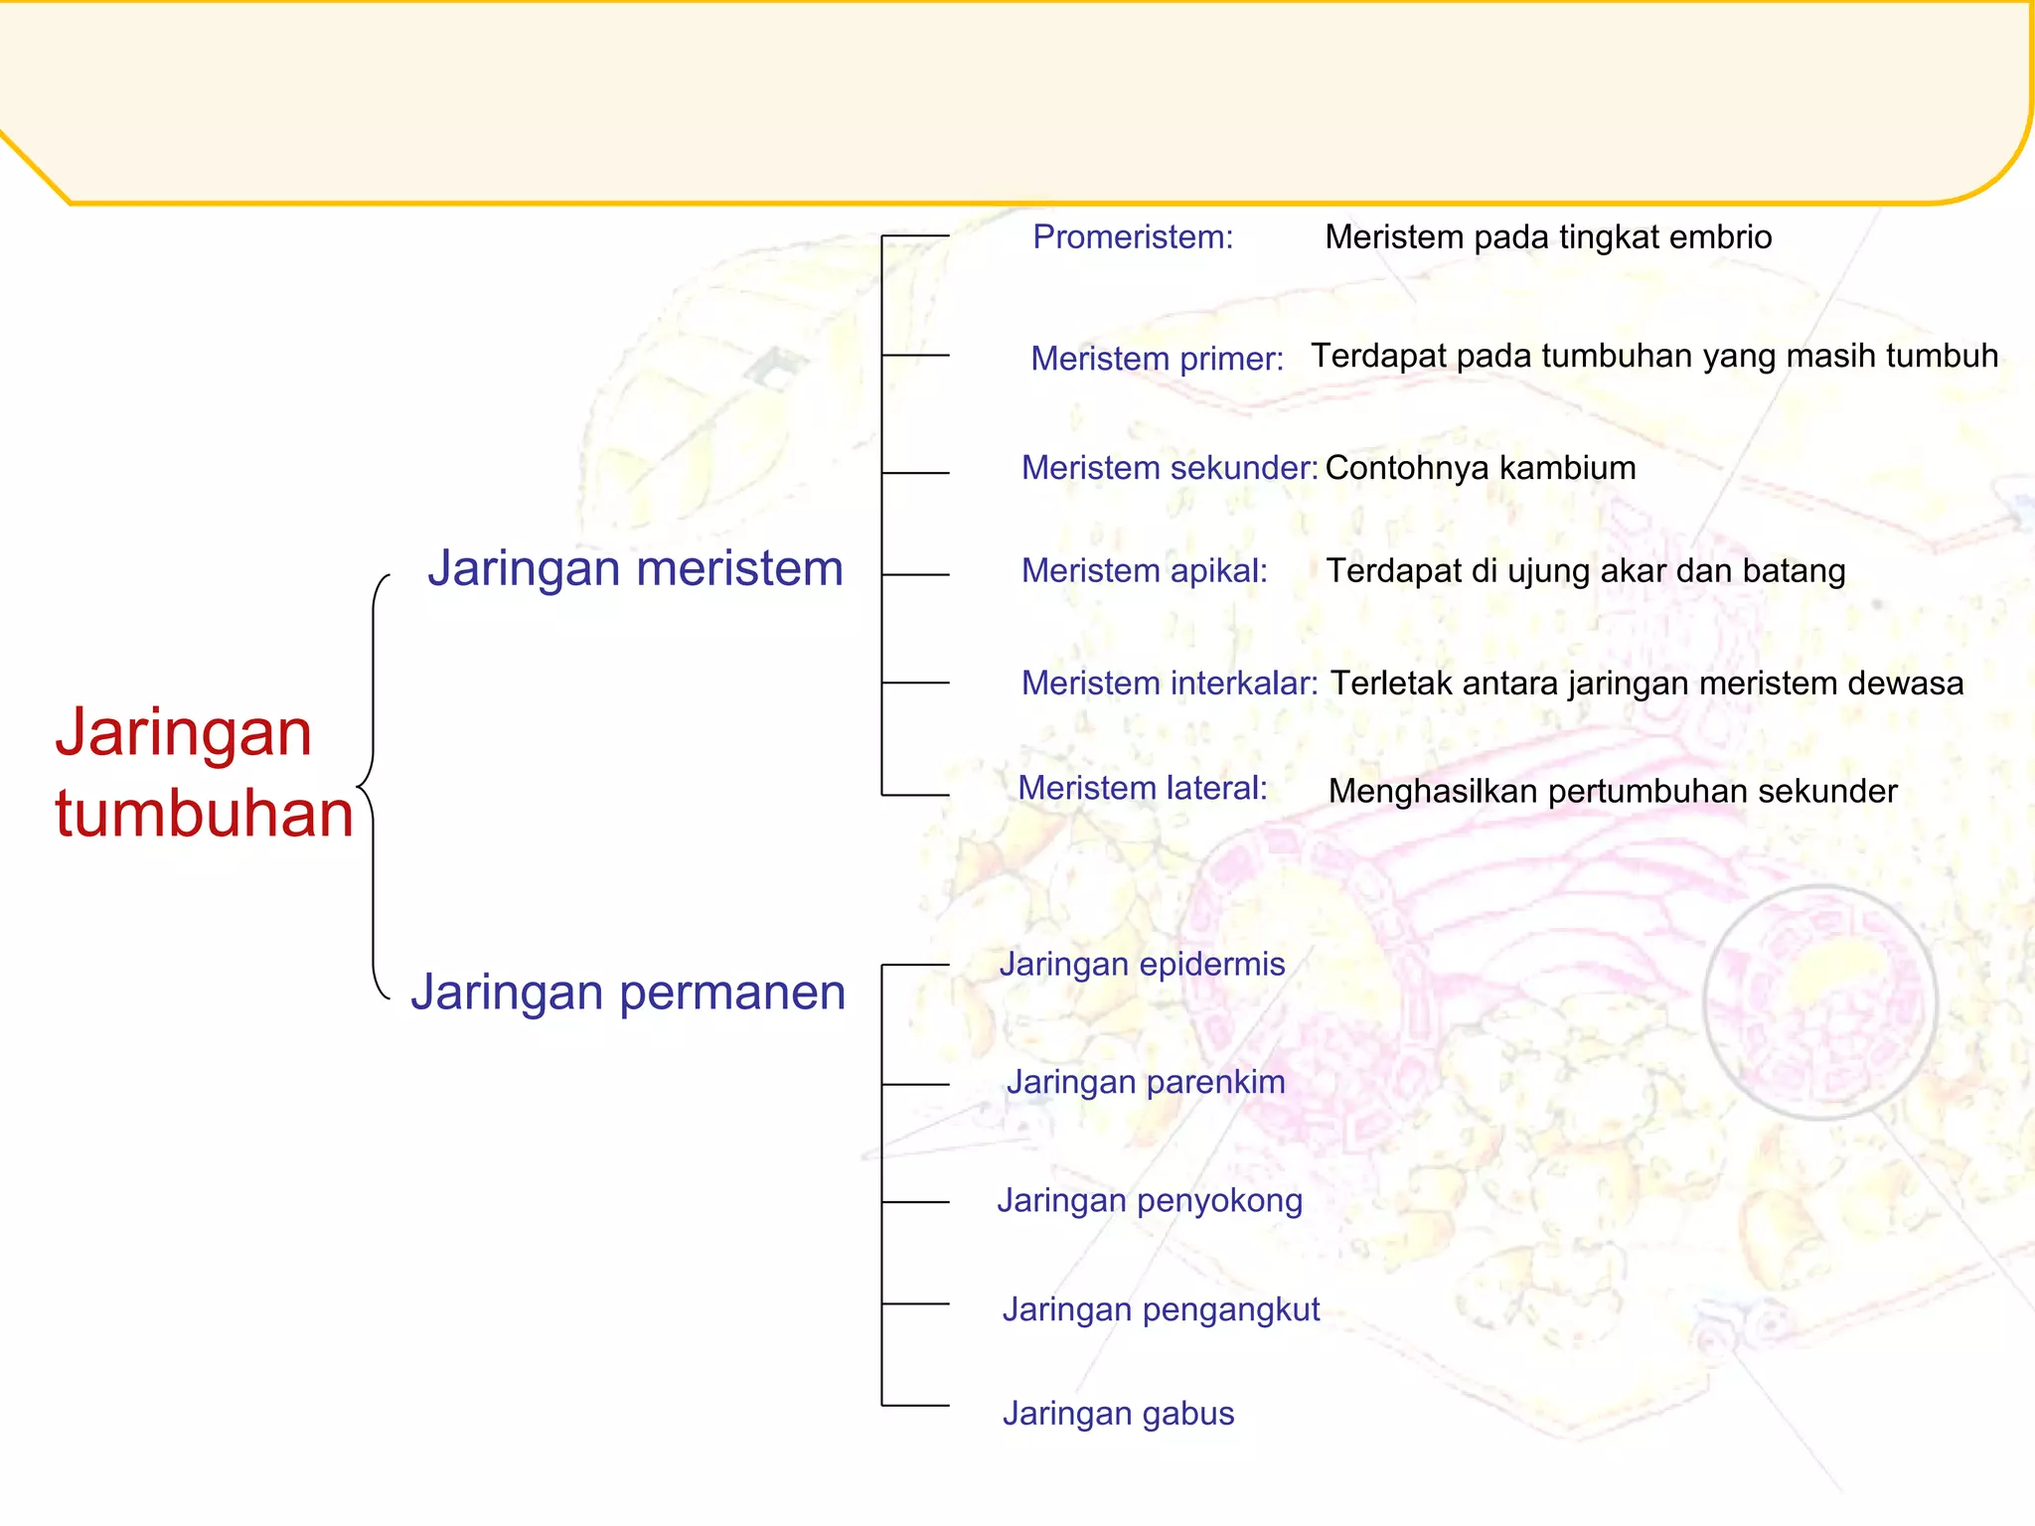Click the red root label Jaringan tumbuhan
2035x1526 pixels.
point(204,772)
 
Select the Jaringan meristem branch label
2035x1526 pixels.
point(635,569)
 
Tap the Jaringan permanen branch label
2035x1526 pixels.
point(628,992)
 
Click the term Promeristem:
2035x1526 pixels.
point(1133,237)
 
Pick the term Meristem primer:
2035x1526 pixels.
point(1157,359)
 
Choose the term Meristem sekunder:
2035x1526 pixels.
point(1170,468)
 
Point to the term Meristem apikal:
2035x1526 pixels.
point(1145,571)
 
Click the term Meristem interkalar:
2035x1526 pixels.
point(1170,684)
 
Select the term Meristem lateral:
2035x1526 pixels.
point(1143,788)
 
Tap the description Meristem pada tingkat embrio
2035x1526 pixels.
point(1548,237)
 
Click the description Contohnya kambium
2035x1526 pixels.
point(1481,468)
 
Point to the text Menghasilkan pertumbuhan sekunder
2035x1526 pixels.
point(1613,792)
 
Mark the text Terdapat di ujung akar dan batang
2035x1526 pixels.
point(1586,571)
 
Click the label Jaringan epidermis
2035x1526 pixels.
point(1143,964)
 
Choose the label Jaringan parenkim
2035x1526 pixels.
point(1146,1082)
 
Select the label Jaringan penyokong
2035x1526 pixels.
point(1150,1200)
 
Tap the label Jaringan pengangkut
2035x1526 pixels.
point(1161,1309)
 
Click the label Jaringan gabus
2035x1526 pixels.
point(1118,1413)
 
